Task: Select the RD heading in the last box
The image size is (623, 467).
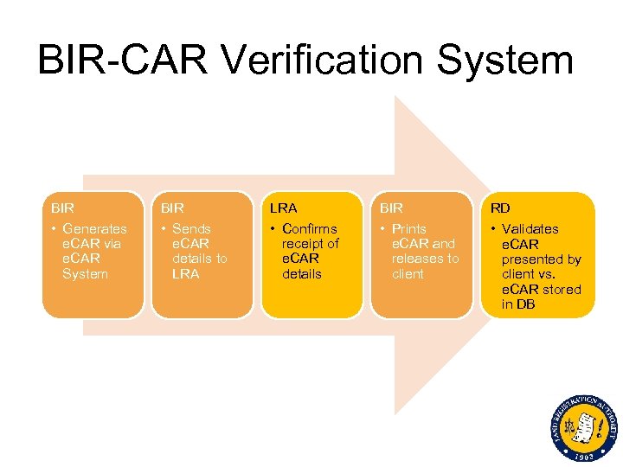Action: coord(499,208)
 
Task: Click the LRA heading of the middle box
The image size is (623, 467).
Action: coord(283,208)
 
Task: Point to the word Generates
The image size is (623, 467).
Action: coord(94,229)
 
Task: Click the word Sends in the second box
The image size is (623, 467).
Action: coord(191,229)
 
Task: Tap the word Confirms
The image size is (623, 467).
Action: coord(310,229)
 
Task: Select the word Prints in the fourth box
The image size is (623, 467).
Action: coord(408,229)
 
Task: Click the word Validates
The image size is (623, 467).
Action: coord(530,229)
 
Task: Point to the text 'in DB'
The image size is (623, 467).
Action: coord(520,304)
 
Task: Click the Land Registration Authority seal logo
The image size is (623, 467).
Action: coord(583,426)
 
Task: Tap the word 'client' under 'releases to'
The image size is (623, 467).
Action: coord(408,274)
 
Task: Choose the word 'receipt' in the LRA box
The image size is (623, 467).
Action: coord(302,244)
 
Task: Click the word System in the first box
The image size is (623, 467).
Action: coord(85,274)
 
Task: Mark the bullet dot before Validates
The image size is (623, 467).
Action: coord(493,229)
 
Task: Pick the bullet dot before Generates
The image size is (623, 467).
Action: coord(54,229)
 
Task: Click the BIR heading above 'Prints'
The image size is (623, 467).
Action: coord(391,208)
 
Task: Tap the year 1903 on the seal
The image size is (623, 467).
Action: coord(584,455)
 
